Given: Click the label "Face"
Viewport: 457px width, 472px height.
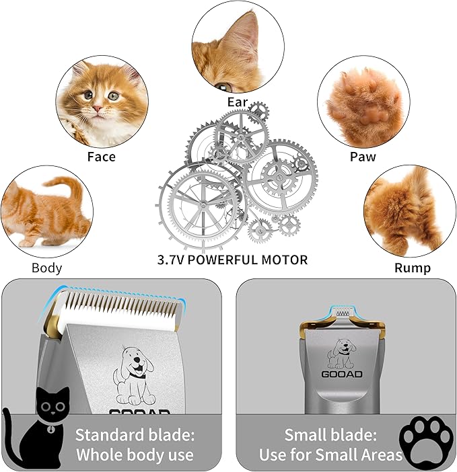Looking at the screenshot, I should [x=101, y=157].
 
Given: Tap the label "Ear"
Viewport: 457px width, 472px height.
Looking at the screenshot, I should [x=238, y=103].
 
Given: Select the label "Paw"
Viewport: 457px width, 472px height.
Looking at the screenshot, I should [x=363, y=157].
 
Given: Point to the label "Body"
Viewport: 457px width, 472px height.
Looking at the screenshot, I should [x=46, y=268].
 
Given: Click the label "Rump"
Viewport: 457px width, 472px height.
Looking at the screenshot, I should [x=413, y=268].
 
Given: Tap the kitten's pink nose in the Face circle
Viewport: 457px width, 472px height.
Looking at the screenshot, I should [x=98, y=108].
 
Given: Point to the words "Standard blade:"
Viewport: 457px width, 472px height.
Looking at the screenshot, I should [x=135, y=434].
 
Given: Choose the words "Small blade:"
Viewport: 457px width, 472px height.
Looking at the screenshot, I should [x=330, y=434].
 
